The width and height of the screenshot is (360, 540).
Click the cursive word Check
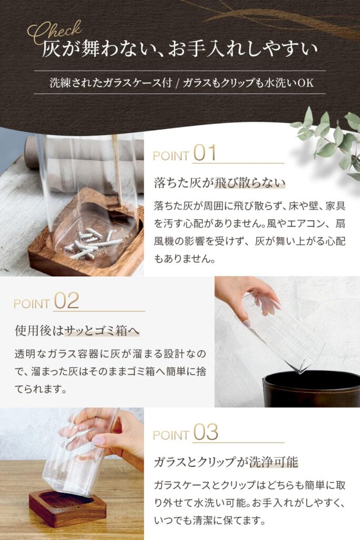(54, 32)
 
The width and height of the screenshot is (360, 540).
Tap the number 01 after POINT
(205, 153)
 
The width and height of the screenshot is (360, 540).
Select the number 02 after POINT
(66, 301)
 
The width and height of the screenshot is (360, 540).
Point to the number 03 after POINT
(206, 432)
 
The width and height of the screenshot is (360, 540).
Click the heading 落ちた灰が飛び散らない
(220, 182)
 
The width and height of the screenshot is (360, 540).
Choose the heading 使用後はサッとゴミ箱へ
(77, 331)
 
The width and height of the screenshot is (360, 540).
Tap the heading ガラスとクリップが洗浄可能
(226, 462)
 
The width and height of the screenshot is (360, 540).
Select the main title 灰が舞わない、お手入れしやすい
(180, 49)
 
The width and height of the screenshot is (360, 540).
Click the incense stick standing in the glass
(116, 169)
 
